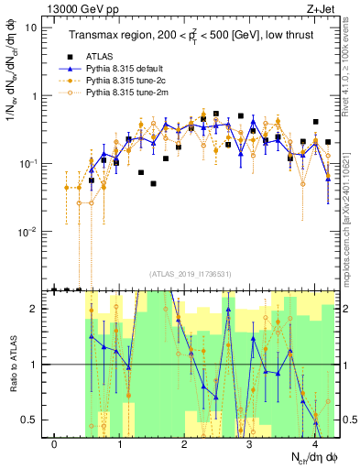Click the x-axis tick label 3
250,444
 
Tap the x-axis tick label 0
55,444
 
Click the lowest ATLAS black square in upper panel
154,183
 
